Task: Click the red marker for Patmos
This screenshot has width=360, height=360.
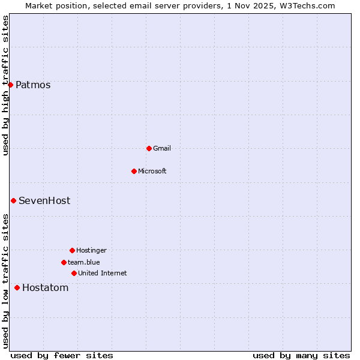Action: [x=10, y=85]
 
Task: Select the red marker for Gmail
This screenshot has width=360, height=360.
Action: [x=149, y=148]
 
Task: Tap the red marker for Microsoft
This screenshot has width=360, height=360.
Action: [x=134, y=171]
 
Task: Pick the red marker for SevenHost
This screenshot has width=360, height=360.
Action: [x=13, y=200]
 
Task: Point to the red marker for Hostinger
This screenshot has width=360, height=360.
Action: [x=72, y=250]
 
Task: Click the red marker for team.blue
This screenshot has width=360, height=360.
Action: [x=64, y=262]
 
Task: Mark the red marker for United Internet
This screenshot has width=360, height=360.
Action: [x=74, y=273]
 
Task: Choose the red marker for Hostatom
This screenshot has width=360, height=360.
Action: [x=17, y=287]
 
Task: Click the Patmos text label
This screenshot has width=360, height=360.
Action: [x=33, y=85]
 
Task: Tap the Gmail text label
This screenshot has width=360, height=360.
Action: [x=162, y=148]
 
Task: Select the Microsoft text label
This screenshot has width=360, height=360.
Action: [x=152, y=171]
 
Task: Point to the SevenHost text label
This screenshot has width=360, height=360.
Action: [x=44, y=200]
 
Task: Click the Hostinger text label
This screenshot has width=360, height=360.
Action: [x=91, y=250]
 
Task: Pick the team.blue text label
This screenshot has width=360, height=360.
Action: [x=84, y=262]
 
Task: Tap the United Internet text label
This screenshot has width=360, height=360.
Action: [x=103, y=273]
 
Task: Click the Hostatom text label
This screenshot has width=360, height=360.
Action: [x=46, y=287]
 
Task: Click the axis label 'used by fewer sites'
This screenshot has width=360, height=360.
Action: [x=62, y=355]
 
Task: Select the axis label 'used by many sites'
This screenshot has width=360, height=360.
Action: [x=301, y=355]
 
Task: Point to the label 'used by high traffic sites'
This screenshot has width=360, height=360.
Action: [x=6, y=85]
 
